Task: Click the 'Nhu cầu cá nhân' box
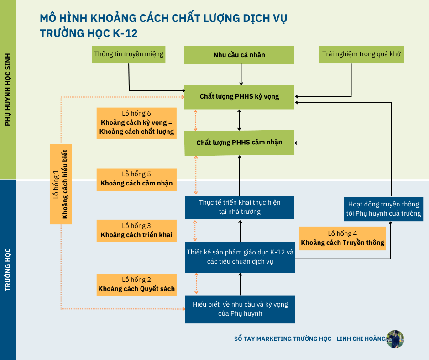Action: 239,55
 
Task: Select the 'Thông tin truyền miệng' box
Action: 129,54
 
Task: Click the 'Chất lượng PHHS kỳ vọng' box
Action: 239,96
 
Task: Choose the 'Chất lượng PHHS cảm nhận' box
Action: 239,143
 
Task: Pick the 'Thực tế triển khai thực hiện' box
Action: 240,207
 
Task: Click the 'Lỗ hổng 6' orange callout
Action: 136,123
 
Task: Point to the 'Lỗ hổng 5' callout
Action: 136,179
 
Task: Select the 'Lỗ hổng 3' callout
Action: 136,230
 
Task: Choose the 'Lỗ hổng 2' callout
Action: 136,284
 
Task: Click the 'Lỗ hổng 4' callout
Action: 342,238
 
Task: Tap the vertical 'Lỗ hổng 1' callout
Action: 61,184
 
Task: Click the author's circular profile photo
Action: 395,339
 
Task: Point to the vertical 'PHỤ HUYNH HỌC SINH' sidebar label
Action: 8,89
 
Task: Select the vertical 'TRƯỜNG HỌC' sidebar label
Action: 8,270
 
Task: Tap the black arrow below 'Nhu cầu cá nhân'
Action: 241,74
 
